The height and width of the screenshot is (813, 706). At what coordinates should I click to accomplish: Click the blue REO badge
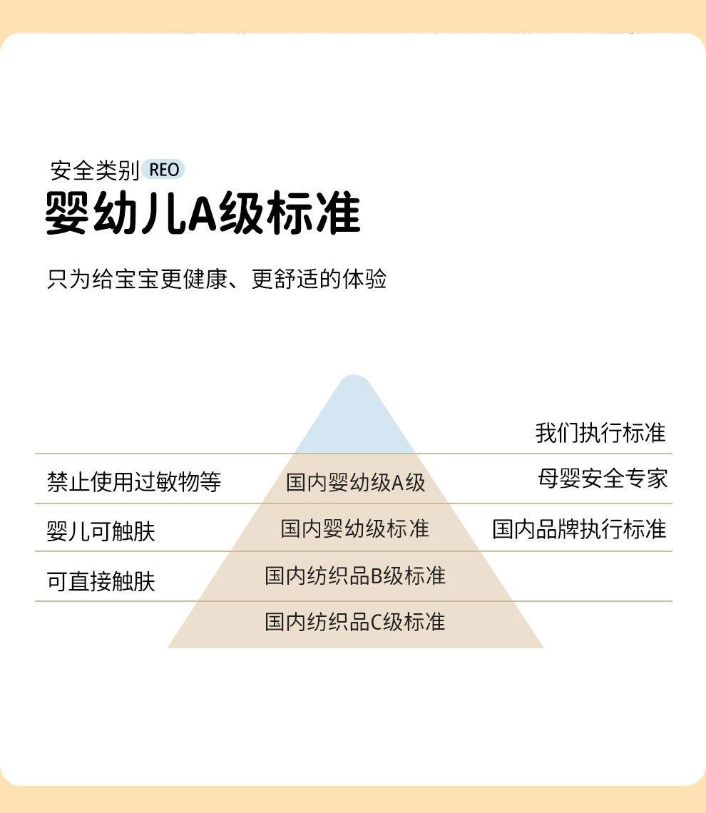click(163, 170)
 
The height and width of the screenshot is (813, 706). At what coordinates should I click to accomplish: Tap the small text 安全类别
click(94, 170)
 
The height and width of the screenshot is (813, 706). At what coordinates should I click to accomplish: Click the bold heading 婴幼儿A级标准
click(203, 213)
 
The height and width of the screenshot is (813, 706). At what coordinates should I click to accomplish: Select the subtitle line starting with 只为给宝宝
click(217, 279)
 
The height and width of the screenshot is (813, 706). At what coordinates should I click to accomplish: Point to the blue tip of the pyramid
click(354, 414)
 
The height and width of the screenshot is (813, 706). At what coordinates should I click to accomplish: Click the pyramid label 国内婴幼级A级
click(355, 483)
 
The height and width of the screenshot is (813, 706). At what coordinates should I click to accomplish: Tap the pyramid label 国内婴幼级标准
click(354, 528)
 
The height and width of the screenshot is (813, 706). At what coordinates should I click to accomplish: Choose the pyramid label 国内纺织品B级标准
click(354, 576)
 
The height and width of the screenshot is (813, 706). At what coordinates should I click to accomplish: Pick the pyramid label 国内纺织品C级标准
click(354, 622)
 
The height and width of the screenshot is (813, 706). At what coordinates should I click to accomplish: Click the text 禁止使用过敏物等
click(134, 482)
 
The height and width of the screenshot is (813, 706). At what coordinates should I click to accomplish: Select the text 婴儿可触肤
click(101, 531)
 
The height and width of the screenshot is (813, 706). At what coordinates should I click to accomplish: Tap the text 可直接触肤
click(101, 581)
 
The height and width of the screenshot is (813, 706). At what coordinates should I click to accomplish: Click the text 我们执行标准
click(600, 433)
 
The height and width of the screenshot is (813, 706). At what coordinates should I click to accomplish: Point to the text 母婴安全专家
click(603, 479)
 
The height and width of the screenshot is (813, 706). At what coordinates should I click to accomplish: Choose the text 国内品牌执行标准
click(579, 529)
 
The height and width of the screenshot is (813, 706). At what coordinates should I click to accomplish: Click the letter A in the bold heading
click(203, 213)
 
